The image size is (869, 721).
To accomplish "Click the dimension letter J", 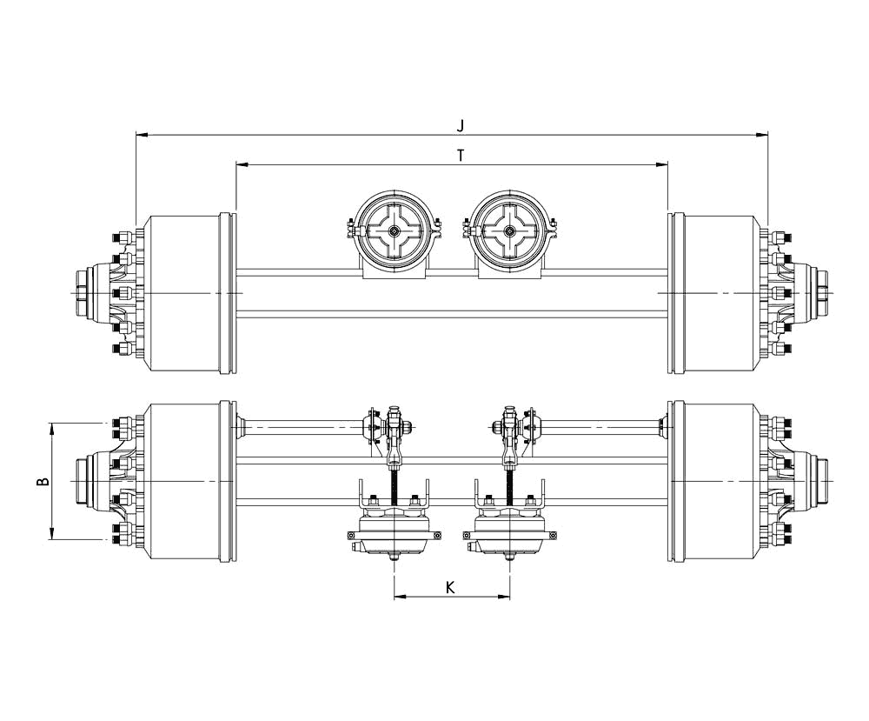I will click(x=461, y=125).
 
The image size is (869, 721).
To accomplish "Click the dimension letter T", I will click(x=461, y=155).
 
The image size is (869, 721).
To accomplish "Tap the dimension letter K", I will click(x=450, y=587).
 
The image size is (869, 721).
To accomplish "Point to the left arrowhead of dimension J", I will click(x=142, y=135).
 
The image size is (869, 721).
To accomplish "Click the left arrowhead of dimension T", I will click(x=242, y=164).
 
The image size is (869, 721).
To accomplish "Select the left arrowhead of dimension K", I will click(x=400, y=597).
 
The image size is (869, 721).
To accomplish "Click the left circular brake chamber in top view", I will click(x=394, y=230).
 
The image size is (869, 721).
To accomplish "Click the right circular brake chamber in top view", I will click(x=510, y=230).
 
